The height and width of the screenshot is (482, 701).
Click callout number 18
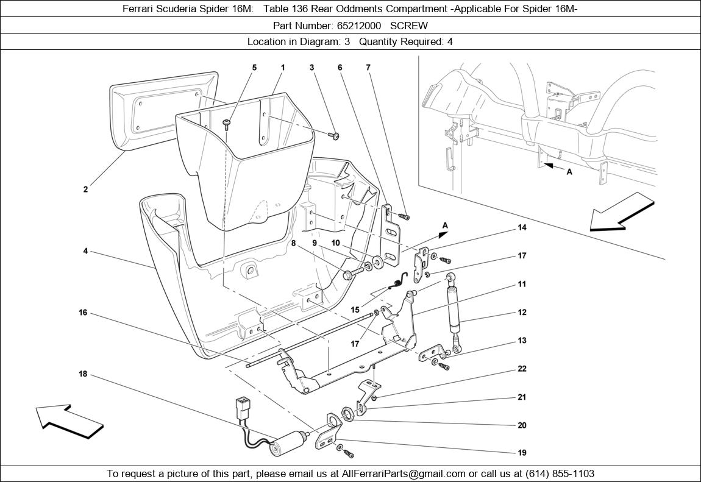83,374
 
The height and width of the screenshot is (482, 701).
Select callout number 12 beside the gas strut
522,313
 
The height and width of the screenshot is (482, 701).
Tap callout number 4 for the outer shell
85,251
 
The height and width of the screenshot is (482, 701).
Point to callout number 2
85,190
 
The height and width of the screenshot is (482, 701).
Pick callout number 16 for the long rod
83,313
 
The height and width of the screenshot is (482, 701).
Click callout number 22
522,369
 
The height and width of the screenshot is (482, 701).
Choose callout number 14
522,228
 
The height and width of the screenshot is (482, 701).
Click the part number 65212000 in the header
359,26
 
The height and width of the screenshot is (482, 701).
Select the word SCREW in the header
409,26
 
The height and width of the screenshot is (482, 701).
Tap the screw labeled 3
335,135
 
